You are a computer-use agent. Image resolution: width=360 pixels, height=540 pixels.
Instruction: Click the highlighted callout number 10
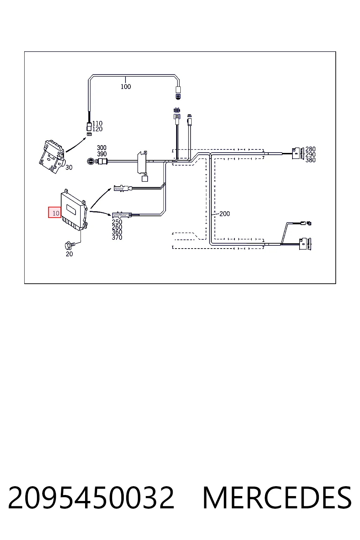[x=56, y=213]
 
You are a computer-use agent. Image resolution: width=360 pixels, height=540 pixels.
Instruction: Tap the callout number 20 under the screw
[x=69, y=254]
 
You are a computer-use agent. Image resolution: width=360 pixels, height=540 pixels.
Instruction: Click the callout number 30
[x=69, y=167]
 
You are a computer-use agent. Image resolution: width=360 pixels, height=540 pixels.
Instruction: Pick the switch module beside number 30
[x=52, y=156]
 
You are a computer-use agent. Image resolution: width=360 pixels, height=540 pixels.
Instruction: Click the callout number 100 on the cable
[x=126, y=86]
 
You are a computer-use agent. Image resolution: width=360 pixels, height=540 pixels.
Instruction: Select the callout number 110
[x=97, y=123]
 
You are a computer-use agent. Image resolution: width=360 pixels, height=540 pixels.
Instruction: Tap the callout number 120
[x=97, y=129]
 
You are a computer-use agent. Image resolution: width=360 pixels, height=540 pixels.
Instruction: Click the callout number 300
[x=102, y=148]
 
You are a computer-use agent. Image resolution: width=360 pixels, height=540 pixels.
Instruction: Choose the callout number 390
[x=102, y=154]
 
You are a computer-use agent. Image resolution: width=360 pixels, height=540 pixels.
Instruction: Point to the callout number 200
[x=225, y=214]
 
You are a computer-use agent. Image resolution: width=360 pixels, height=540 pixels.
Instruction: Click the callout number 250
[x=117, y=222]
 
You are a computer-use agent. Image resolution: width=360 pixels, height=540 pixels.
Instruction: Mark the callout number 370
[x=117, y=237]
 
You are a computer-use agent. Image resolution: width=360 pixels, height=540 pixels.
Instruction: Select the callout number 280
[x=310, y=149]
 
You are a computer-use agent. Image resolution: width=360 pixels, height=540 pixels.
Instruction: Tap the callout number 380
[x=310, y=160]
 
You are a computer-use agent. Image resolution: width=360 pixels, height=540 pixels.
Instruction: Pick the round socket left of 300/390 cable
[x=91, y=161]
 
